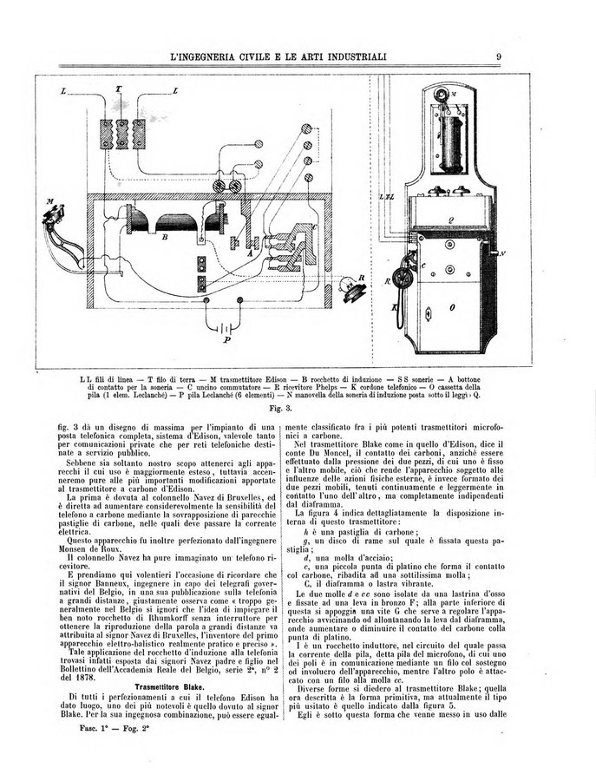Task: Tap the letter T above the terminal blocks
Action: click(119, 89)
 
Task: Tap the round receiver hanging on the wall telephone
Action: click(403, 276)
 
